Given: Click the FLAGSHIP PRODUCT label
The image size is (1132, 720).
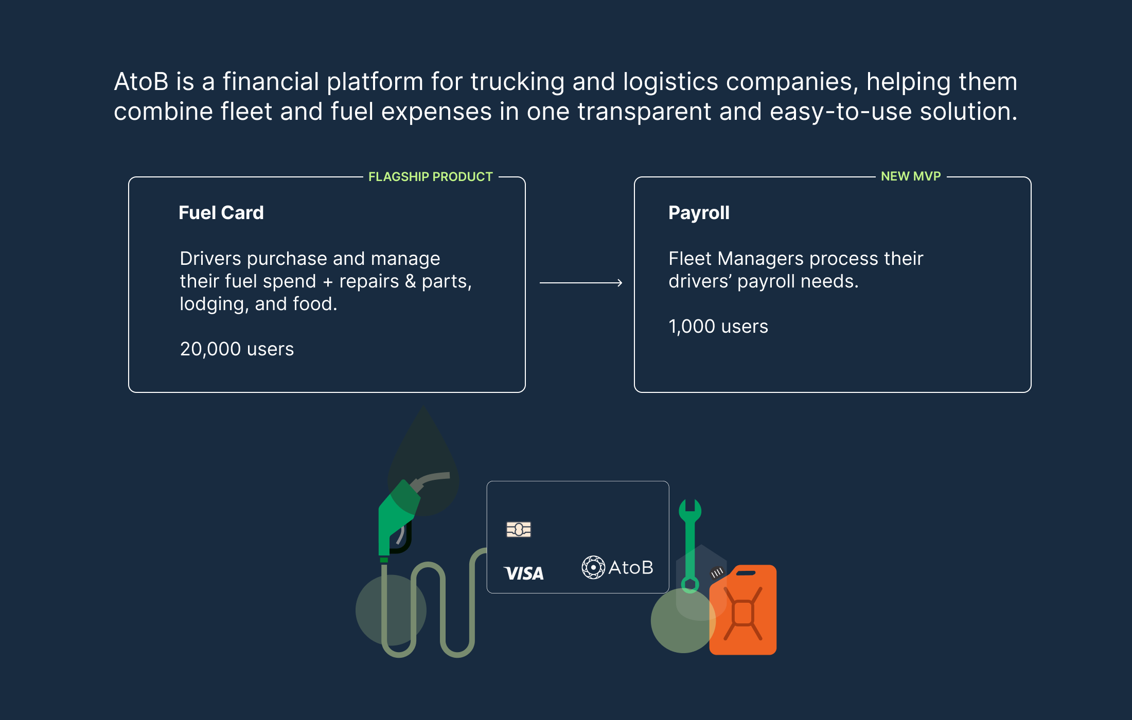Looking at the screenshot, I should point(430,177).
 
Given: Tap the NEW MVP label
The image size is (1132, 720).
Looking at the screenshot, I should point(910,176).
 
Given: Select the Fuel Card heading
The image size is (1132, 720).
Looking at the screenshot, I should point(221,213).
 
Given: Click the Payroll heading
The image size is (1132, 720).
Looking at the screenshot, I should point(698,213).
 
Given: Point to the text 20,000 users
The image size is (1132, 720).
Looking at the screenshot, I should point(237,349).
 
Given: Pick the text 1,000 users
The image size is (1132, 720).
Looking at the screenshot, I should point(718,327).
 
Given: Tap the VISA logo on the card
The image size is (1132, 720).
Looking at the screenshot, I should point(524,573).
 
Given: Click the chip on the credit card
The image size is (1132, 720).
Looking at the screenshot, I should point(518,529).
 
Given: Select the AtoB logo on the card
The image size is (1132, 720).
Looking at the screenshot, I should point(617,568).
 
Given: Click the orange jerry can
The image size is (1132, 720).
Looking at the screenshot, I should point(744,612).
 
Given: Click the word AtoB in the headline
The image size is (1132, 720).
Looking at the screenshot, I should point(141,82).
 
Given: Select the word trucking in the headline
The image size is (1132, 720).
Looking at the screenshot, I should point(517,82).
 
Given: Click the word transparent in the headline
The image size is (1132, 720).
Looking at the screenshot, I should point(644,112).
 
